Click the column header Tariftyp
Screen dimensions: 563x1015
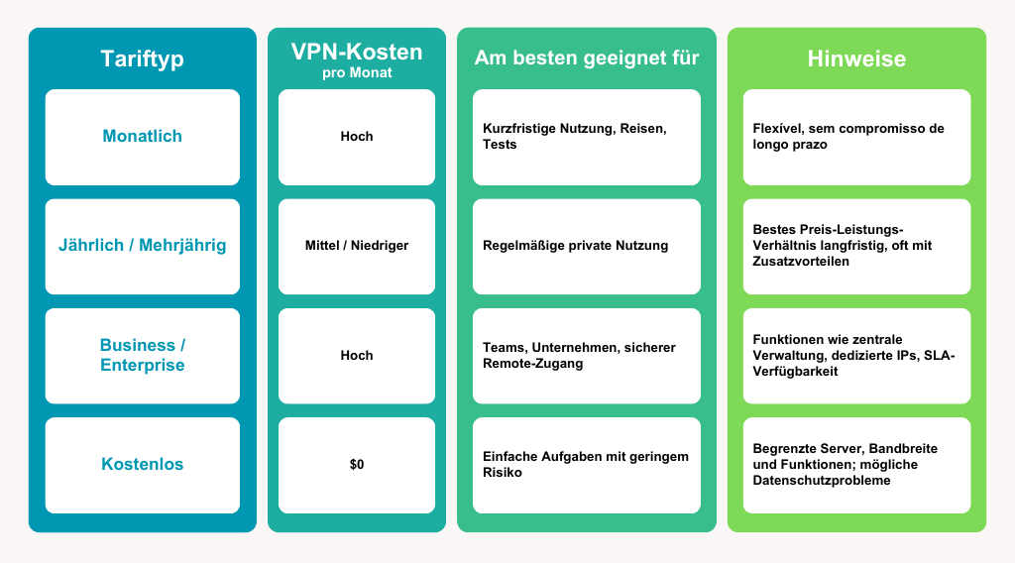coord(142,58)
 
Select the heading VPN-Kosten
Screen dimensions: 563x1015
coord(356,52)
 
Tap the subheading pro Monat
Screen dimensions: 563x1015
coord(356,72)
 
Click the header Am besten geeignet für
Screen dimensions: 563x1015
coord(587,58)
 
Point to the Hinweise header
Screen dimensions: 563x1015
coord(856,58)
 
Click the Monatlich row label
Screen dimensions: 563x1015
coord(142,137)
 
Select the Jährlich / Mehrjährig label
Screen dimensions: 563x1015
coord(142,246)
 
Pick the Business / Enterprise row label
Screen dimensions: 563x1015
coord(142,355)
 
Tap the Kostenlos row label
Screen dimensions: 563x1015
coord(142,464)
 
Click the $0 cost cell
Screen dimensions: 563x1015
coord(357,464)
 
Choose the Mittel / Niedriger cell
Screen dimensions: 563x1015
coord(357,246)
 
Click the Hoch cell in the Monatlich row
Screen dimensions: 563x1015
coord(357,137)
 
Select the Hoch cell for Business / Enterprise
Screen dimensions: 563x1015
coord(357,355)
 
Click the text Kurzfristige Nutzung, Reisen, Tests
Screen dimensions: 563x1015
coord(575,137)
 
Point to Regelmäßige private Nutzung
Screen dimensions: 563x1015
coord(575,246)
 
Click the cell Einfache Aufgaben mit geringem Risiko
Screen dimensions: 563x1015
coord(585,464)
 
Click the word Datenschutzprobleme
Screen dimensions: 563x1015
coord(822,480)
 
